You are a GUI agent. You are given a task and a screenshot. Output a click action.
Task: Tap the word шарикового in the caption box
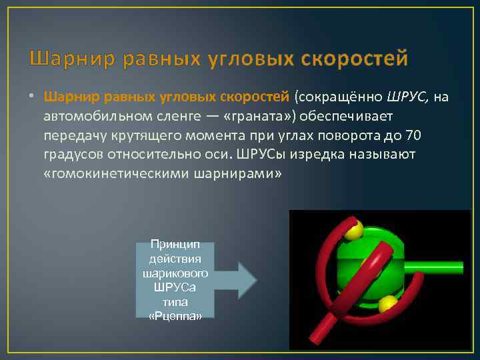175,273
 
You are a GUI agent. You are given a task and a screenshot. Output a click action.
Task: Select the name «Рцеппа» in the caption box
175,315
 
